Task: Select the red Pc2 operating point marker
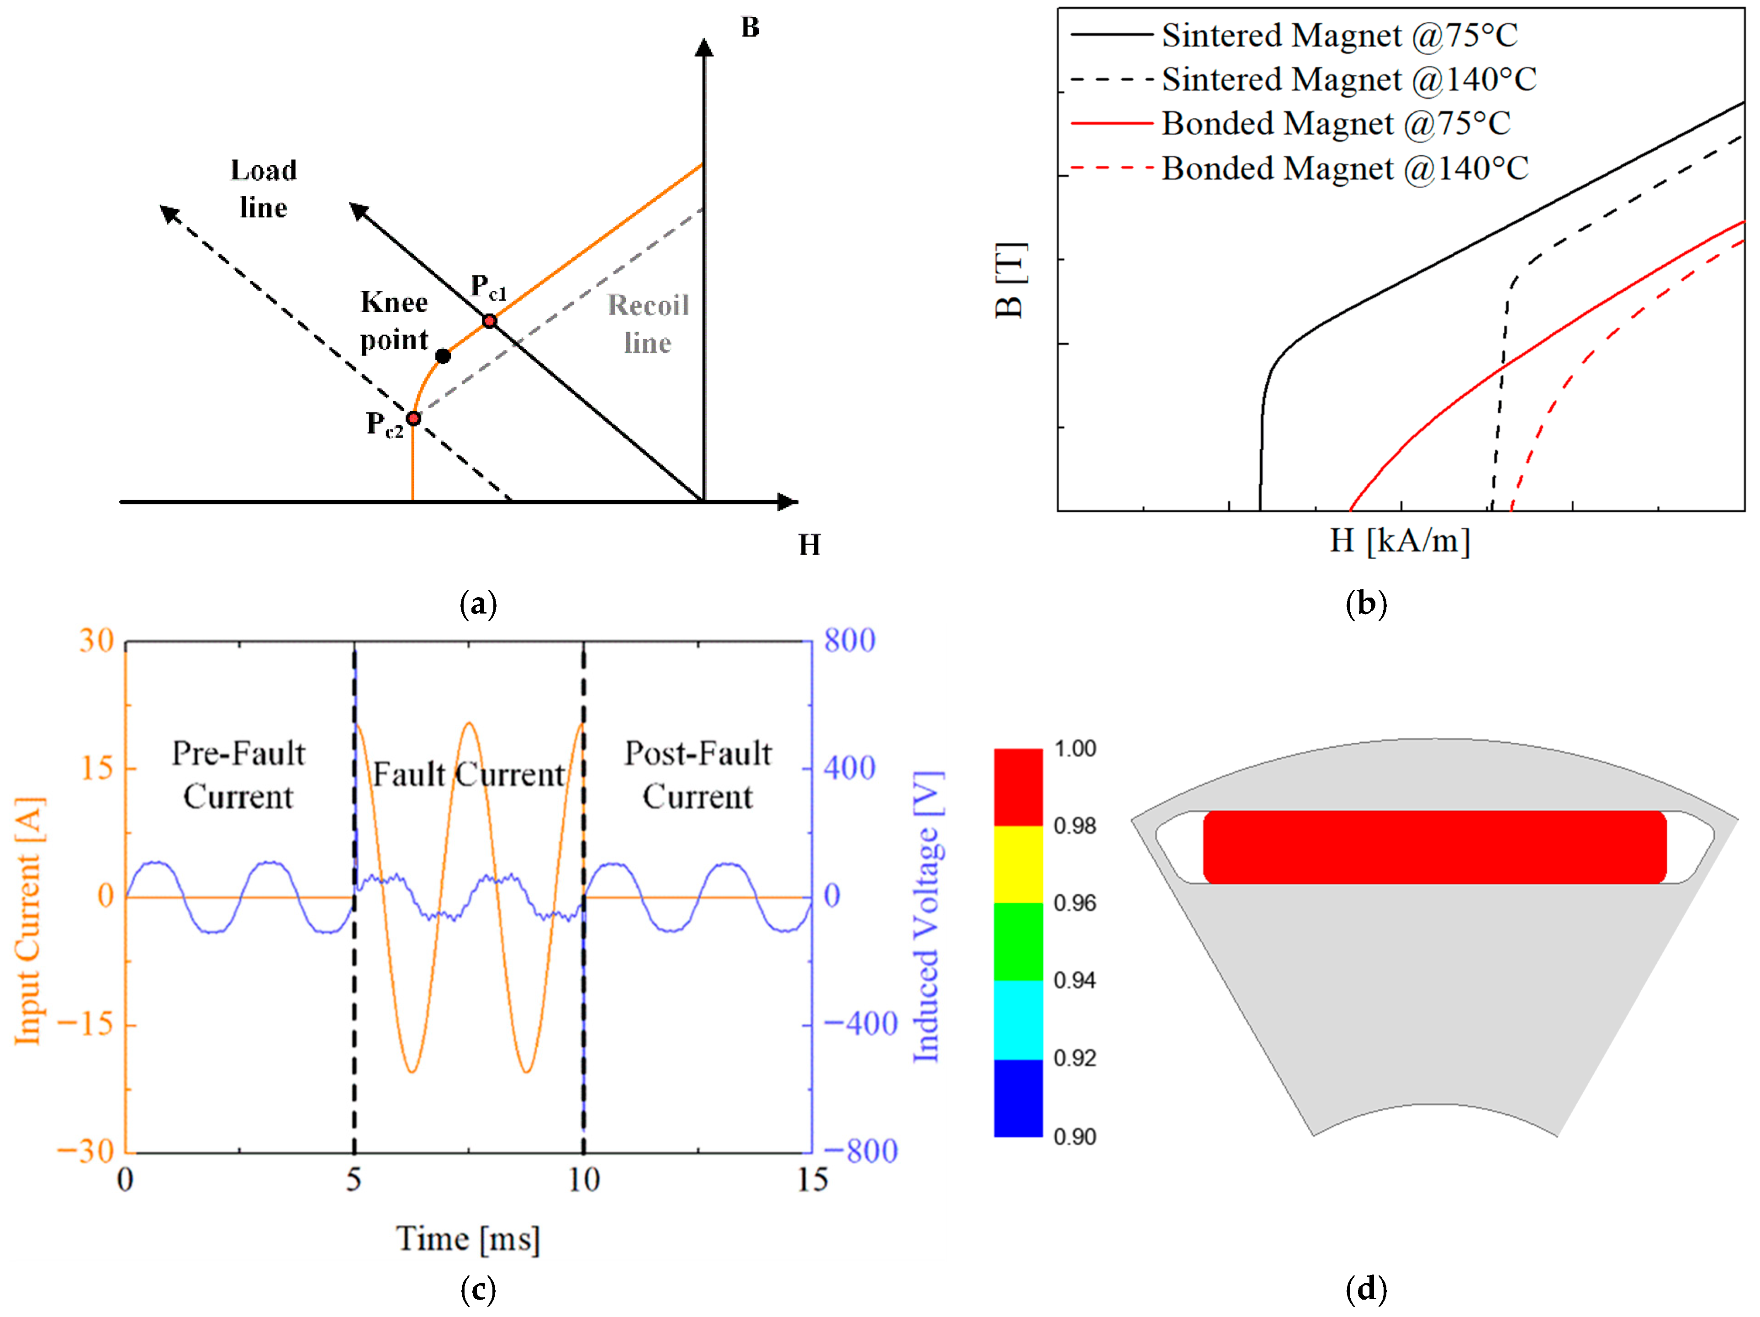413,418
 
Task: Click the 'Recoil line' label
648,324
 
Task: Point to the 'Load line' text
264,189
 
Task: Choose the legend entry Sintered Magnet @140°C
1348,79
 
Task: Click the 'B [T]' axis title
1010,280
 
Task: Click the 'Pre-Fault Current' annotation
239,775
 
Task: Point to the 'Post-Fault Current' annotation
698,775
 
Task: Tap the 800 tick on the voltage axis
849,641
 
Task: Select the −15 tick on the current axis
85,1024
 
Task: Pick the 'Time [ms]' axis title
468,1239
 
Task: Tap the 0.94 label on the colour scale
1074,981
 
